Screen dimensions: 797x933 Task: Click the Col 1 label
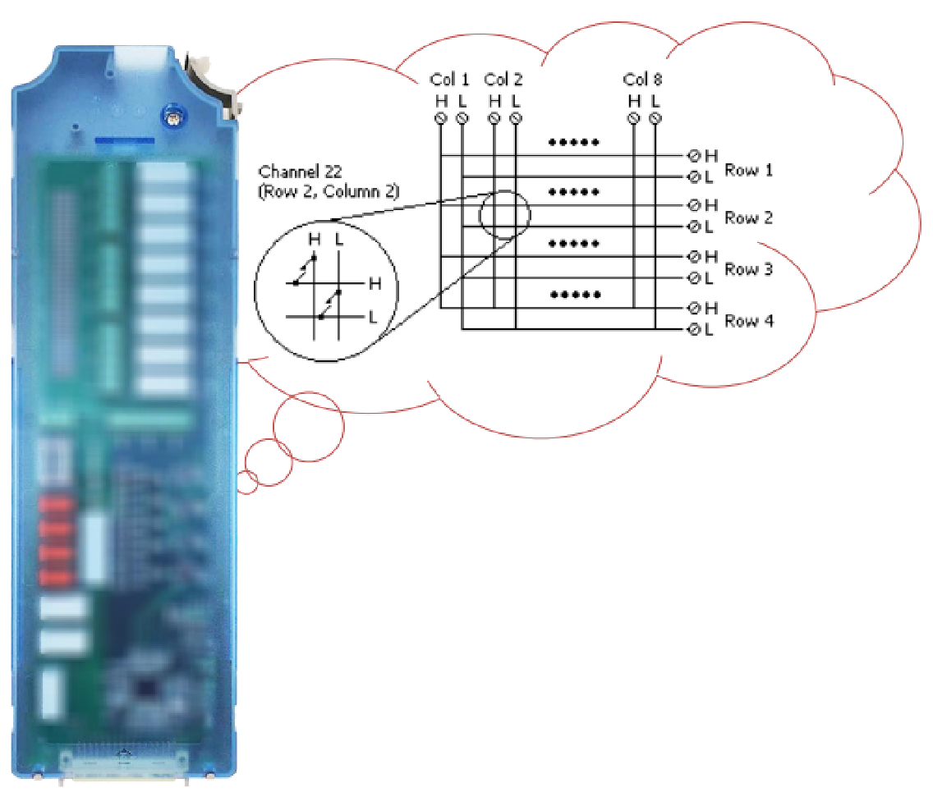(449, 80)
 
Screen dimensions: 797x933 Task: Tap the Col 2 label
(503, 80)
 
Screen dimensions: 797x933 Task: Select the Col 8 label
(642, 80)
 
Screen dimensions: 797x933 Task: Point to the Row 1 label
(748, 170)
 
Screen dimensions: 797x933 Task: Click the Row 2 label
(748, 218)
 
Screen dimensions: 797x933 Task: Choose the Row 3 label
(748, 269)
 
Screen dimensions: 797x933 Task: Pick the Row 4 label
(748, 321)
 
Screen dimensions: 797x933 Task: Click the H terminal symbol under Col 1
(440, 119)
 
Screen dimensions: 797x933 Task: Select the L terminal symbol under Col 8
(655, 119)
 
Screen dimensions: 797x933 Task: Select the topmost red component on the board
(55, 503)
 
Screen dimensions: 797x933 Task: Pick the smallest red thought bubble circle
(247, 482)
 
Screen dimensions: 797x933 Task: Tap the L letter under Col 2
(515, 101)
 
